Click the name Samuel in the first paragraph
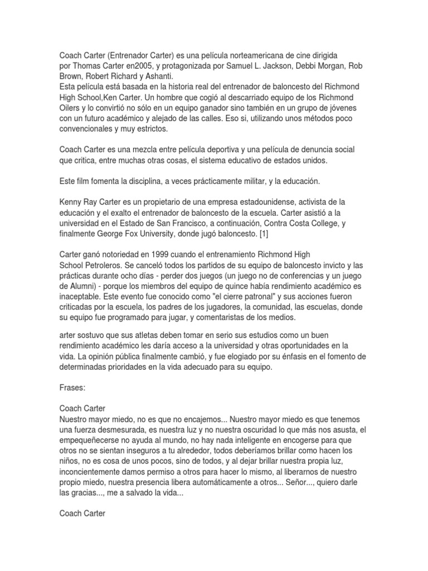tap(251, 66)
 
